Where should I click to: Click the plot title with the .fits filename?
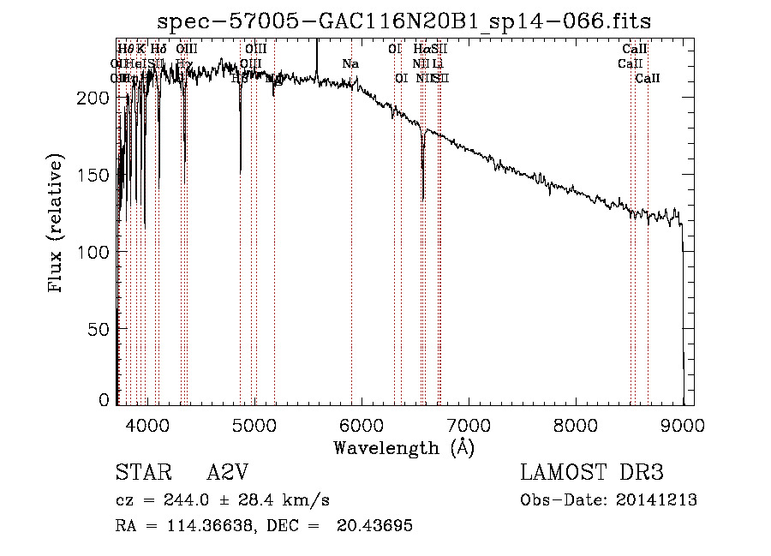coord(410,21)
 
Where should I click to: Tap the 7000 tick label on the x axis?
coord(469,423)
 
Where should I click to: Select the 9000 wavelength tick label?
coord(683,423)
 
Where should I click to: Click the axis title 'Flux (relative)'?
coord(57,224)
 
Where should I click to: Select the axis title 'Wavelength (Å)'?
coord(403,447)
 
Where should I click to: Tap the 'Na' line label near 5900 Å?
coord(350,63)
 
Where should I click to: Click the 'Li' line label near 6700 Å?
coord(438,63)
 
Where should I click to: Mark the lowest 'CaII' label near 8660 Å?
coord(648,78)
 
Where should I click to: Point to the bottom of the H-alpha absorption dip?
coord(423,200)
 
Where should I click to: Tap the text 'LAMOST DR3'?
coord(592,474)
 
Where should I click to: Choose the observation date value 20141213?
coord(656,500)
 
